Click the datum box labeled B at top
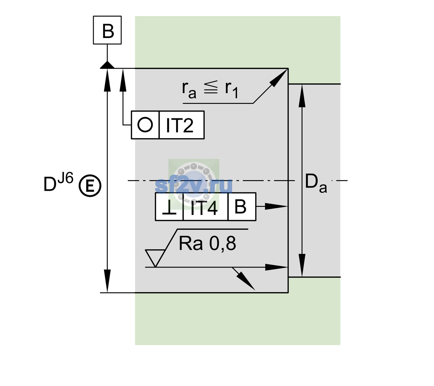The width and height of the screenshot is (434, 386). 107,30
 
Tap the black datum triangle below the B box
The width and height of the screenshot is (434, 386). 107,65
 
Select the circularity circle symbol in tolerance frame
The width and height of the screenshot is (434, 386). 145,124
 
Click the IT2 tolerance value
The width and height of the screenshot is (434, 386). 179,125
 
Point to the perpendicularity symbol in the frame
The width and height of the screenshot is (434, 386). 169,207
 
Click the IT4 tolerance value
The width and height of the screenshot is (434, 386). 204,207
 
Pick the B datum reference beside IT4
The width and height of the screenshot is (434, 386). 240,207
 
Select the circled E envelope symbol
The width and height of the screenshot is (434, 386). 90,186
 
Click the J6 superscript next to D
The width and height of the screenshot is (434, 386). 66,178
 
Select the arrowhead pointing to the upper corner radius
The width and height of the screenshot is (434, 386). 278,78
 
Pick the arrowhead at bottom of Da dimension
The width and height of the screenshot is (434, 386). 302,265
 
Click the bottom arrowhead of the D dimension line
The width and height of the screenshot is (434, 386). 107,281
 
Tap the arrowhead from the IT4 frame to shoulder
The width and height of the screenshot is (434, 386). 276,206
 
